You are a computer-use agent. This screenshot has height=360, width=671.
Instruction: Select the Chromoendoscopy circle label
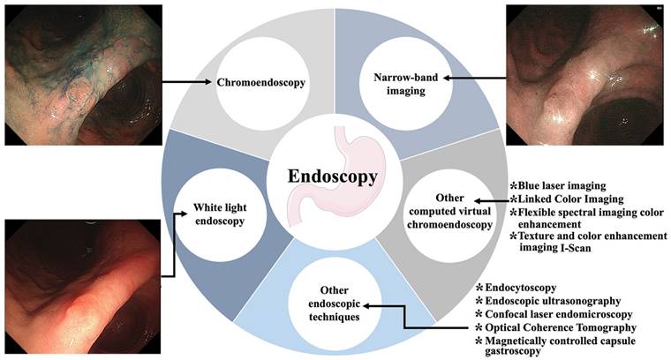point(261,83)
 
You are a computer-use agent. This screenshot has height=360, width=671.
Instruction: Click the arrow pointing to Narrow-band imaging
point(477,78)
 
